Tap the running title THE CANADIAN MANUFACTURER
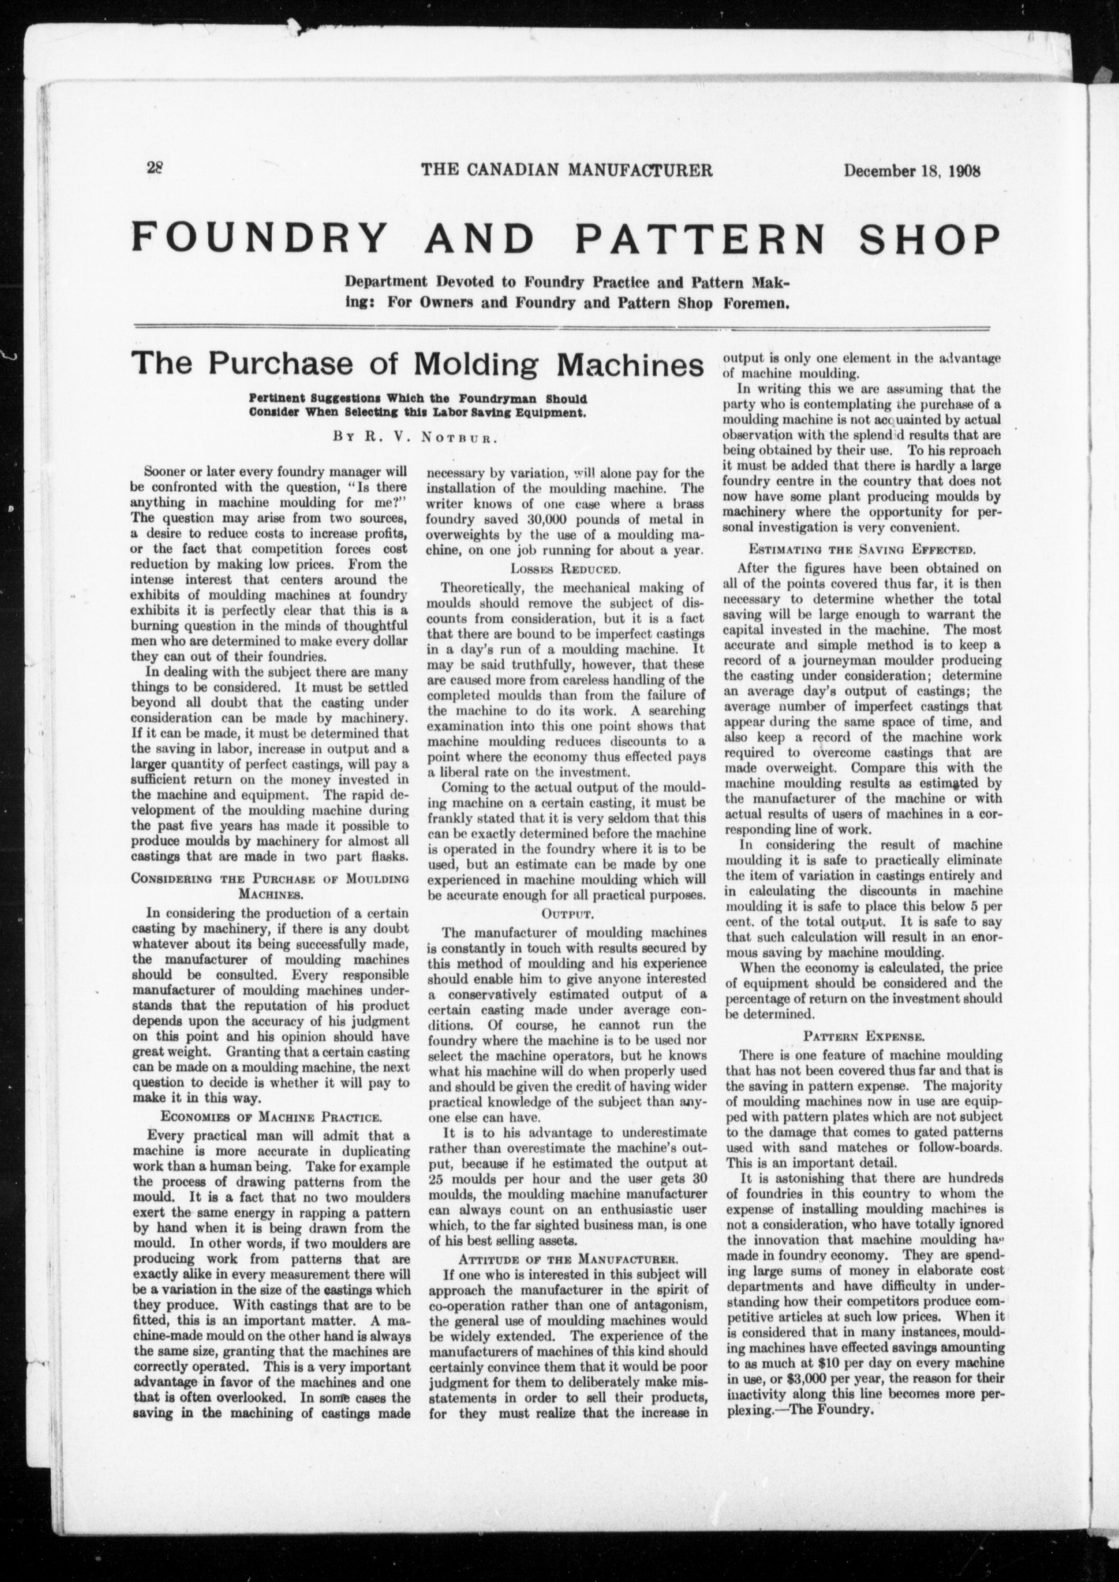coord(566,169)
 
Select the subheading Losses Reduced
coord(566,569)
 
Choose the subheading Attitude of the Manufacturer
coord(567,1258)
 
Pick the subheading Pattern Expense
coord(862,1036)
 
